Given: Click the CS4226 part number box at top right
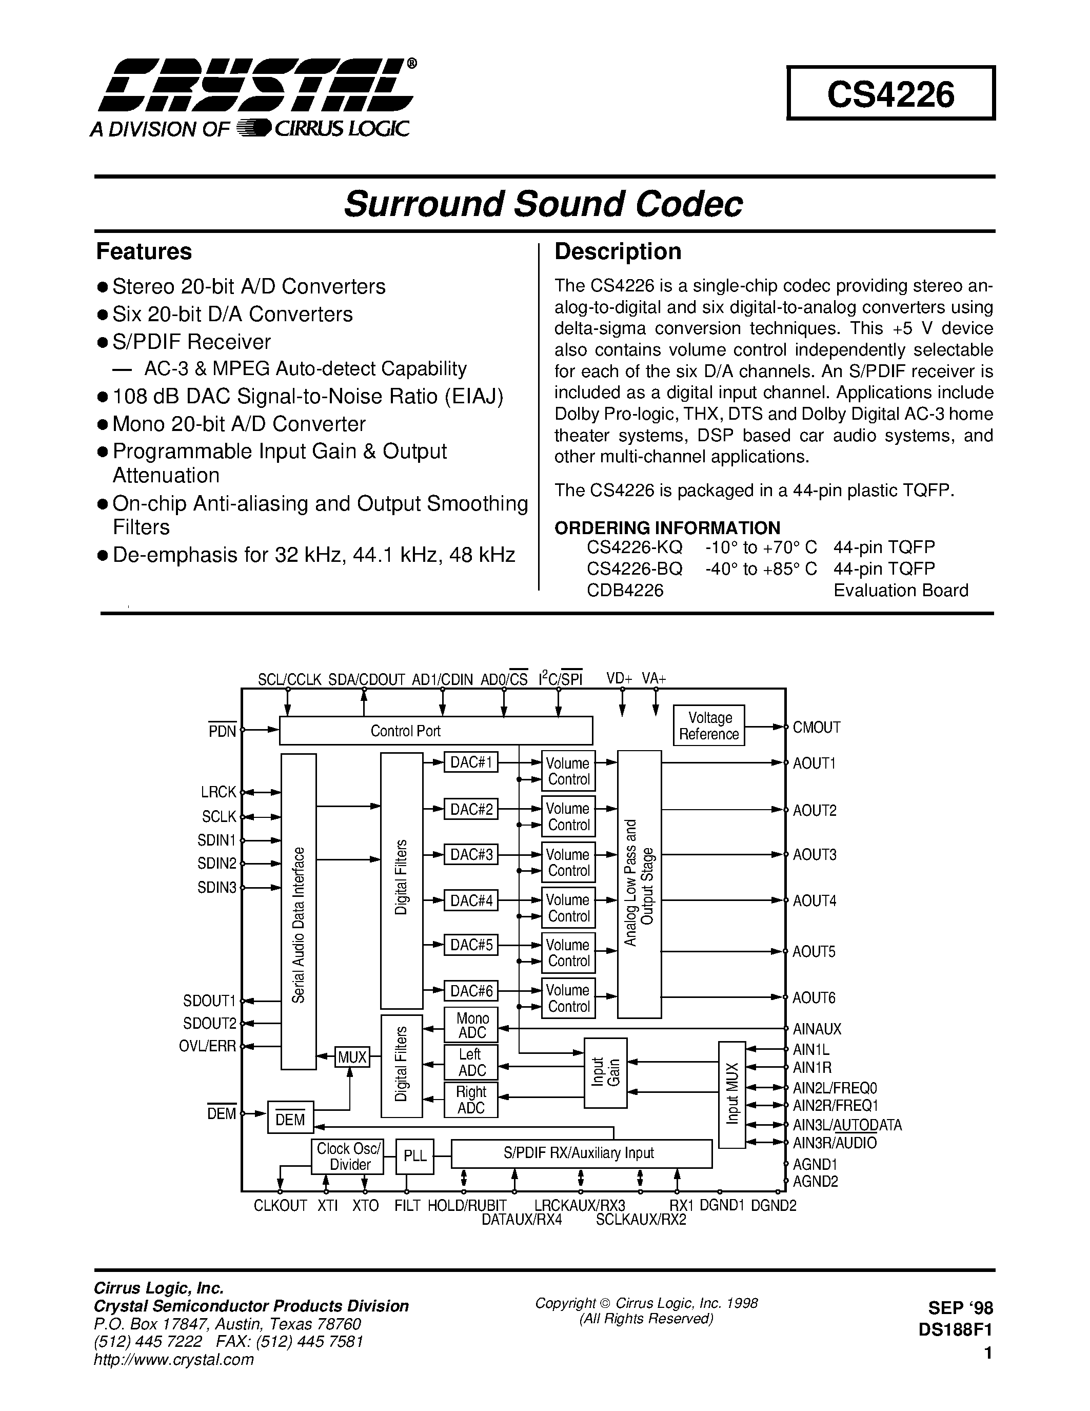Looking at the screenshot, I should point(890,94).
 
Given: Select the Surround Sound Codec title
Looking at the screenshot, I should point(543,204).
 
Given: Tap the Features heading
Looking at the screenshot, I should point(144,251).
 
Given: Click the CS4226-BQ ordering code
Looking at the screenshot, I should point(634,569).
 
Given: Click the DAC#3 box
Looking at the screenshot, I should point(471,855).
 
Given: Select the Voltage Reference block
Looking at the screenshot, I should point(708,726).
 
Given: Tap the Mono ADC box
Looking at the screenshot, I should point(471,1025).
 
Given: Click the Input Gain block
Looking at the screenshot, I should point(605,1072).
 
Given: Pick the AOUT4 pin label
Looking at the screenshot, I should point(814,900).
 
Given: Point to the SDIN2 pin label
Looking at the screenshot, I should point(217,863).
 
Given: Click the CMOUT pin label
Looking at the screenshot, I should point(816,728).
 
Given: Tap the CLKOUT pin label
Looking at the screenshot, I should point(280,1206).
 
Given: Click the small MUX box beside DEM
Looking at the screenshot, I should point(352,1057).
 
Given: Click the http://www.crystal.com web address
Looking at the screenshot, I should point(174,1359).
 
